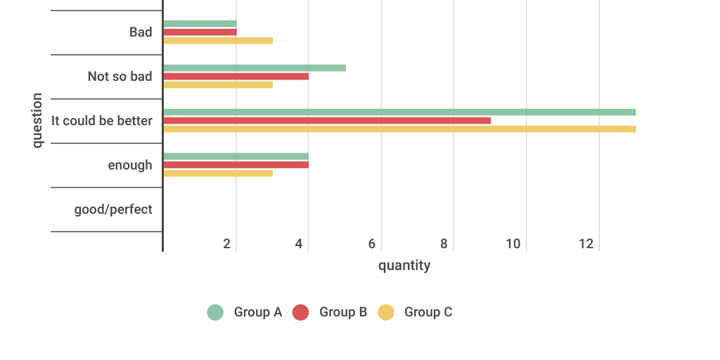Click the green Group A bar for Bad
click(200, 24)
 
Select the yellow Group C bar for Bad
click(218, 41)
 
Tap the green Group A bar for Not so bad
click(255, 68)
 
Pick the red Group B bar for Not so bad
click(236, 76)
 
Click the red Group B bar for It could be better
click(327, 120)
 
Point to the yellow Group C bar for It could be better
click(399, 129)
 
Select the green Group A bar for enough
click(236, 156)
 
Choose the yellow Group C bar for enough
click(218, 173)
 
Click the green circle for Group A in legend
click(215, 312)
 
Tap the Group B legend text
click(343, 312)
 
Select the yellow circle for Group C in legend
click(386, 312)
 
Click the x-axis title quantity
click(404, 266)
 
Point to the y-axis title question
click(37, 120)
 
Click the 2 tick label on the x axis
click(227, 244)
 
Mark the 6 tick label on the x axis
click(372, 244)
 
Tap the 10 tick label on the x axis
click(513, 244)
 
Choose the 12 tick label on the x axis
click(586, 244)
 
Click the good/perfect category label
click(113, 209)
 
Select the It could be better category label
click(102, 120)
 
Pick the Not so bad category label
click(120, 76)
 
